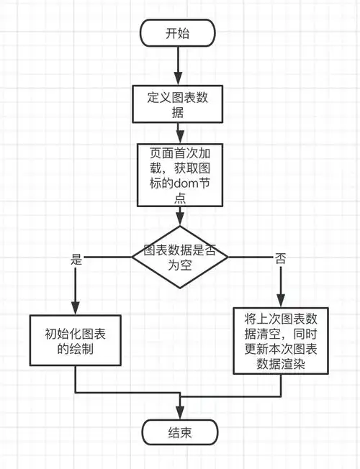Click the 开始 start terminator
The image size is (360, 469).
click(178, 33)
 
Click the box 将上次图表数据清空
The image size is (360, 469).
click(281, 341)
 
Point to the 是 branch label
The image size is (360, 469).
click(77, 260)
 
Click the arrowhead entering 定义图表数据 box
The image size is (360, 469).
click(179, 80)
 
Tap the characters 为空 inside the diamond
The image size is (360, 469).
click(178, 265)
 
